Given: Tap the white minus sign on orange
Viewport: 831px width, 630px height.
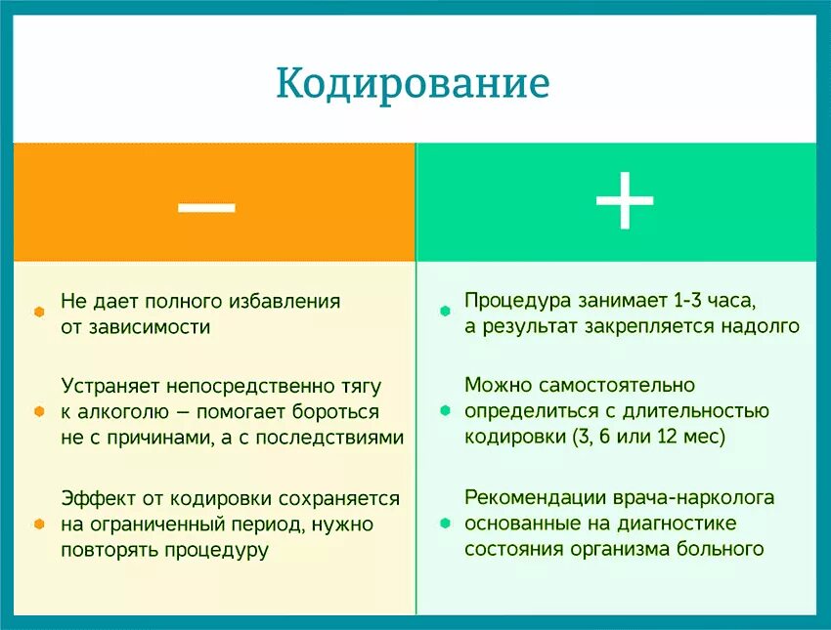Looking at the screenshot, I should [206, 204].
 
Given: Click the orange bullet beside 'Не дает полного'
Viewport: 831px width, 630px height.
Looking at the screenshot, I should [39, 312].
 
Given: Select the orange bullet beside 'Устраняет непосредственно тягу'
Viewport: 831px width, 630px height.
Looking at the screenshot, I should [39, 412].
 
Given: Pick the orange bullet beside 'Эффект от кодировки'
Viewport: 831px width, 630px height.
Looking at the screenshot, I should [39, 525].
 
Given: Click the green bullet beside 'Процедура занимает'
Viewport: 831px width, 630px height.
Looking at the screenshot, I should [445, 312].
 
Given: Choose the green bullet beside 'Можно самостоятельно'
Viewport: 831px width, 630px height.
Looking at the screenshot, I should [445, 412].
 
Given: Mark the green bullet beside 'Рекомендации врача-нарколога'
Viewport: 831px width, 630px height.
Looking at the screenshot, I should [445, 525].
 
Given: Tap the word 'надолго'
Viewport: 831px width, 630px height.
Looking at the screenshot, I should [762, 327].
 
